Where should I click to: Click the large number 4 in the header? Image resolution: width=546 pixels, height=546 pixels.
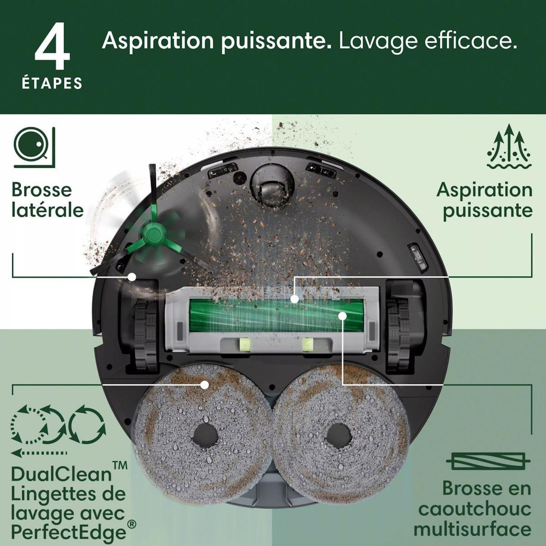click(52, 50)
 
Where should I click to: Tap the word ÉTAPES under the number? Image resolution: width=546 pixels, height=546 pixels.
click(52, 84)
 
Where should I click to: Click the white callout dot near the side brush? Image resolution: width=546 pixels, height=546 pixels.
click(132, 276)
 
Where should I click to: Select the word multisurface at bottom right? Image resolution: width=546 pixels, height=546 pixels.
click(472, 529)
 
